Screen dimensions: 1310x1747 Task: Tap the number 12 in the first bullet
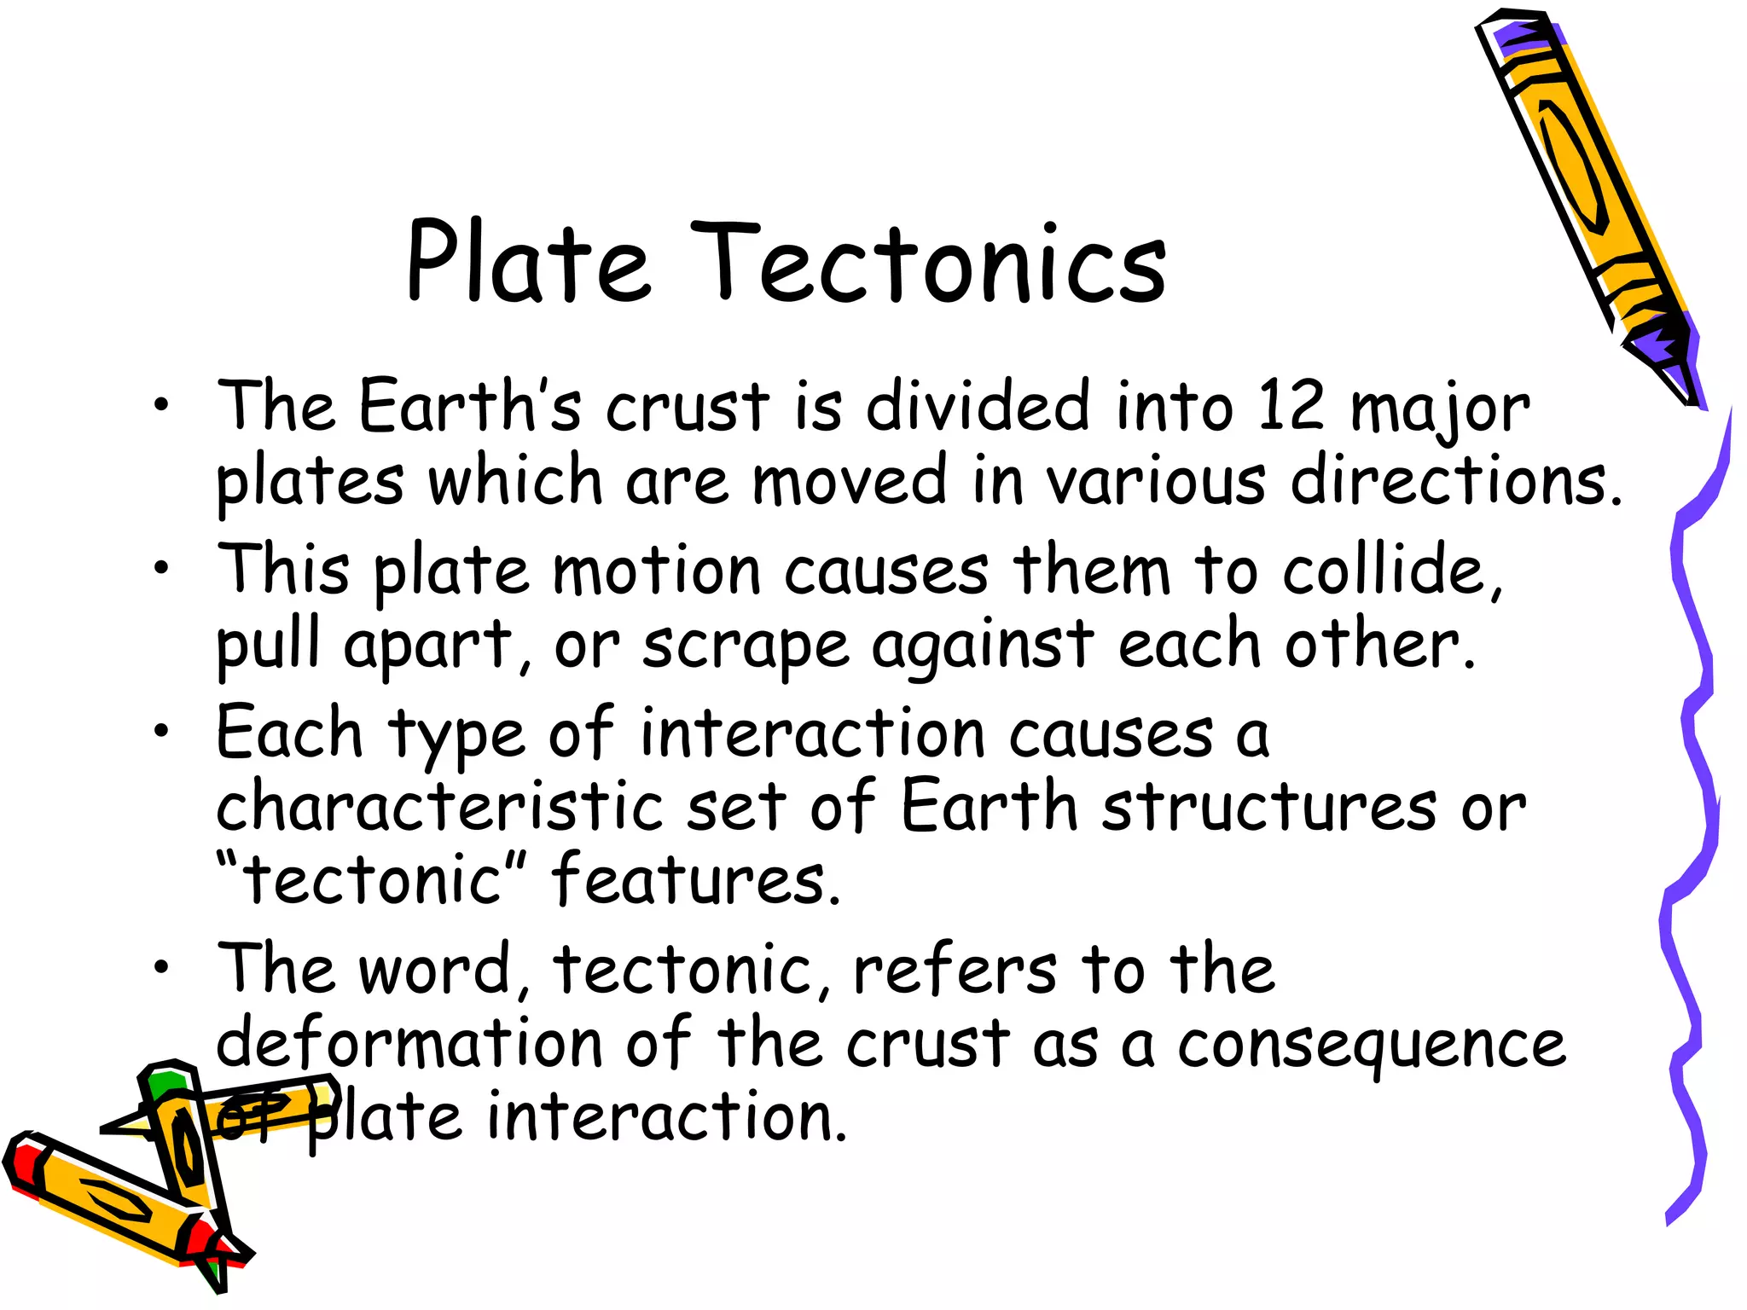coord(1290,406)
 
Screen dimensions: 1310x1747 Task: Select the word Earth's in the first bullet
coord(470,406)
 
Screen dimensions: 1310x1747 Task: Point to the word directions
coord(1454,480)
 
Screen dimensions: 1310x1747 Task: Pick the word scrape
coord(746,646)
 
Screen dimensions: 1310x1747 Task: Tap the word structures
coord(1269,807)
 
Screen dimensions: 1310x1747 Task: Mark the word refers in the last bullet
coord(955,971)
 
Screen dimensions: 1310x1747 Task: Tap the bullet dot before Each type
coord(161,729)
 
